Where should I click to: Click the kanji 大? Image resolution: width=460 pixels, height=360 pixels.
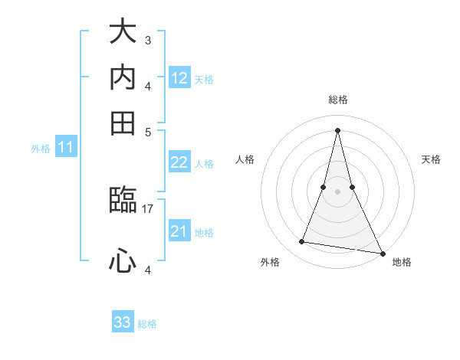click(x=123, y=32)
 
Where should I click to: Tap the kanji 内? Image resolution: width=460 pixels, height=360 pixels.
click(x=123, y=77)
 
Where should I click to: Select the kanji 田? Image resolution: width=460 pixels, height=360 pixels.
click(x=123, y=123)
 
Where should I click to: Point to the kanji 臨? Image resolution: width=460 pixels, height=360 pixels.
click(x=123, y=201)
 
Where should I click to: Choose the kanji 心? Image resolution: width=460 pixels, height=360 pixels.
click(x=123, y=260)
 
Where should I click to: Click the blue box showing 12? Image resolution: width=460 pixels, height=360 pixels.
click(x=179, y=78)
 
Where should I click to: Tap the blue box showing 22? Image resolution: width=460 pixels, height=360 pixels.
click(x=179, y=162)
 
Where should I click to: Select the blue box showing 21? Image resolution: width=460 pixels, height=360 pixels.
click(x=179, y=231)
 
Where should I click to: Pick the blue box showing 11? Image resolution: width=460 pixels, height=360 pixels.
click(x=66, y=148)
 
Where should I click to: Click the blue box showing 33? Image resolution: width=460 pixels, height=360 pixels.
click(x=123, y=322)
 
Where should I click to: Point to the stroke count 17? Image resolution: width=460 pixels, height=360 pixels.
click(x=148, y=208)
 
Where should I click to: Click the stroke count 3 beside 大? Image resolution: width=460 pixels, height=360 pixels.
click(x=147, y=40)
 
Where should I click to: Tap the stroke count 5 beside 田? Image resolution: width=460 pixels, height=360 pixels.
click(x=147, y=131)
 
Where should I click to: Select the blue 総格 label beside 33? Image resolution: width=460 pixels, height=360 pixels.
click(x=147, y=324)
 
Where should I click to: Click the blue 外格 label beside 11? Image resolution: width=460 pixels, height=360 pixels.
click(x=41, y=149)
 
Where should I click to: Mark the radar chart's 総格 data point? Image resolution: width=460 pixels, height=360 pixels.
click(x=338, y=129)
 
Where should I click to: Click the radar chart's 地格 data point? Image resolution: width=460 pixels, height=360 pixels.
click(x=382, y=252)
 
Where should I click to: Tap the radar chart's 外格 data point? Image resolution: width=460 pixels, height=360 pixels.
click(x=302, y=242)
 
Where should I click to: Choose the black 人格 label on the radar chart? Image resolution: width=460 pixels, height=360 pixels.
click(x=245, y=159)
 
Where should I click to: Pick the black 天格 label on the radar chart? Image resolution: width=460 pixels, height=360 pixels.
click(x=431, y=159)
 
